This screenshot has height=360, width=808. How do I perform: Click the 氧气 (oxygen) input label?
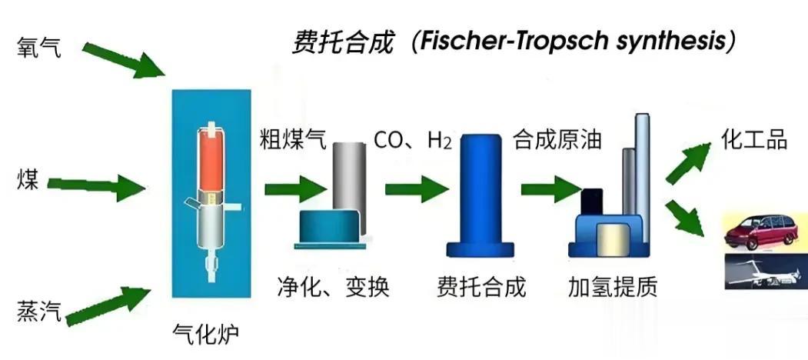coord(40,47)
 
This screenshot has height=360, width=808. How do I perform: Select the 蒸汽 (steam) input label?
coord(40,312)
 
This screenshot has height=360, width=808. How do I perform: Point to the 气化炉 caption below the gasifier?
coord(206,334)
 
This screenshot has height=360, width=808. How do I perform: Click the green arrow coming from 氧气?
coord(123,60)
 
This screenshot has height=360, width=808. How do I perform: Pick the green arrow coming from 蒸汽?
coord(108,305)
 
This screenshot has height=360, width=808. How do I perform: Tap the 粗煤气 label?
coord(293,139)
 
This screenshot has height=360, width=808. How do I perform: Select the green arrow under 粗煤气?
coord(296,189)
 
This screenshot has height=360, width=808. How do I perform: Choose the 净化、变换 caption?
coord(333,287)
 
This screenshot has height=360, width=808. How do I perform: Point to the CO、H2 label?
coord(413,140)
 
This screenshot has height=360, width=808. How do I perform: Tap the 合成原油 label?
coord(557,139)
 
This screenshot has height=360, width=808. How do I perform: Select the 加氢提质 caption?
coord(613,287)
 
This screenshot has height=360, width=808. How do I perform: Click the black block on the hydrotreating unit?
coord(591,202)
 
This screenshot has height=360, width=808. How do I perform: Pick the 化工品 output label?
coord(754,139)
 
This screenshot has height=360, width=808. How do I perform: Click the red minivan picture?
coord(765,231)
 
